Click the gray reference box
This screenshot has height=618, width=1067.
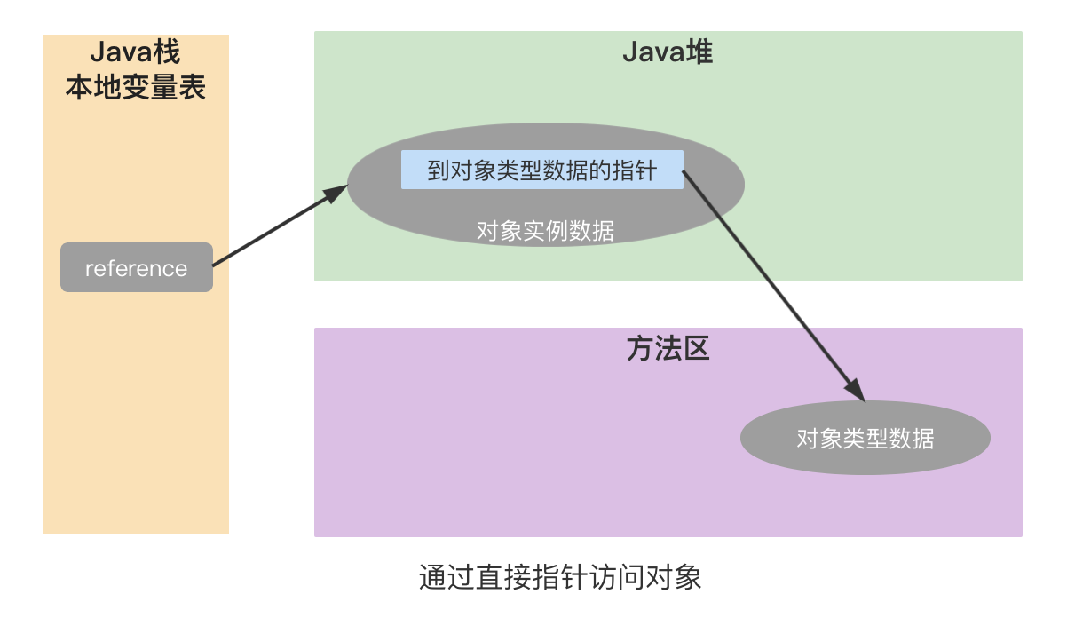[x=136, y=267]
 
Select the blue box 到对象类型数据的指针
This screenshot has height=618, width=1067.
[x=541, y=170]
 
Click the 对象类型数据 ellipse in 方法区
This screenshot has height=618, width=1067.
[x=865, y=438]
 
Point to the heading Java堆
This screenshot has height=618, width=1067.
[x=668, y=53]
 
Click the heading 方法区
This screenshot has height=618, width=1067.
[x=668, y=349]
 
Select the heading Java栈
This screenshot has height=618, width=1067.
[x=135, y=52]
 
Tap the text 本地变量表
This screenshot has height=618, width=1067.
[x=135, y=87]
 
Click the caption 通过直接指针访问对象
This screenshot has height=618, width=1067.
[x=560, y=578]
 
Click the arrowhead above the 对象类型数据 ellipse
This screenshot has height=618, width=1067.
[x=855, y=390]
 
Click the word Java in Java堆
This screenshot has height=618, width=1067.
[x=652, y=53]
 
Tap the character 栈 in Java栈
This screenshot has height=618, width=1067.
[x=166, y=52]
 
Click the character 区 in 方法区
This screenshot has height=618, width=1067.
[x=696, y=349]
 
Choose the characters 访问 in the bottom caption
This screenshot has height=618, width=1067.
[x=616, y=578]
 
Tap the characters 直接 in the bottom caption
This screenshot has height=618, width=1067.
[x=504, y=578]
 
